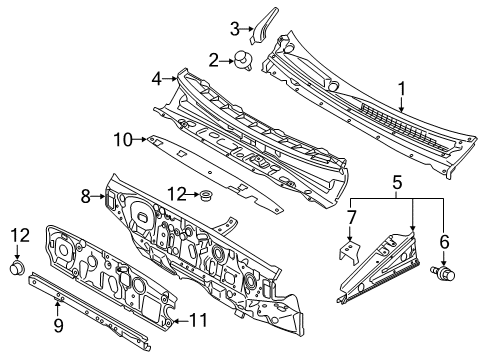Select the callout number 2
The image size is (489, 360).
point(212,61)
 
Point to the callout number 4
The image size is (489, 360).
point(156,77)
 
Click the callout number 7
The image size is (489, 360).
point(350,218)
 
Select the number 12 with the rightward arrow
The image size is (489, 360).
point(175,192)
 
